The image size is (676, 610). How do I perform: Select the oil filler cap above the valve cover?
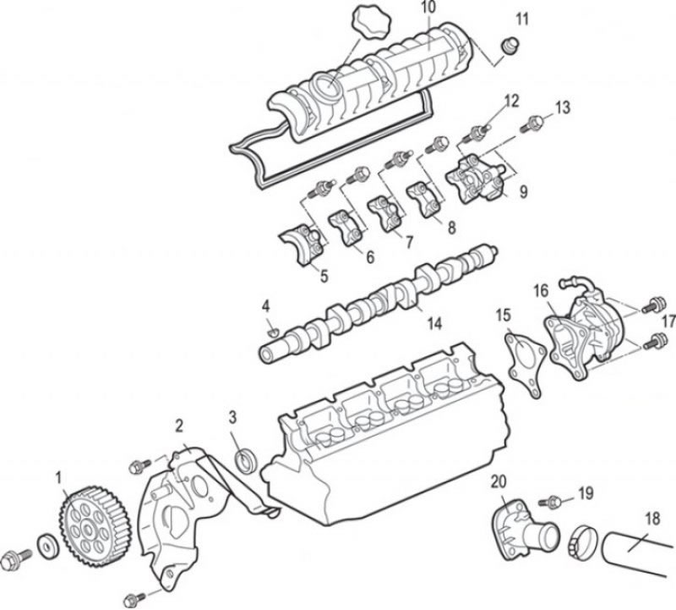370,23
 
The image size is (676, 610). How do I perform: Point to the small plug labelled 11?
510,47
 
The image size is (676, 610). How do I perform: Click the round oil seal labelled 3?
246,459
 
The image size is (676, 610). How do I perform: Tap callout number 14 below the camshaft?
434,323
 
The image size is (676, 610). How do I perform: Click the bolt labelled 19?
550,502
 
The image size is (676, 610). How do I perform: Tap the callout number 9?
523,192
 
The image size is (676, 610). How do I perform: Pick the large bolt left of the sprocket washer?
15,559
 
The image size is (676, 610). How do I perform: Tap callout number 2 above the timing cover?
179,426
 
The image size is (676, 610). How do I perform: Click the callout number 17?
668,321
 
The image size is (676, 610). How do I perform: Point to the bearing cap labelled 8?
426,200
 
